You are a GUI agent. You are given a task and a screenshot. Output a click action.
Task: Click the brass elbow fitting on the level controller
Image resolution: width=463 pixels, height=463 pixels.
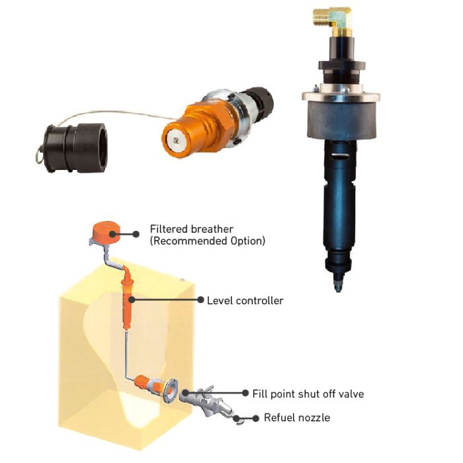click(x=333, y=19)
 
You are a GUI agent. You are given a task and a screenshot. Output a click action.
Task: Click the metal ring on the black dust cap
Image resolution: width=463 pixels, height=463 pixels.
click(x=39, y=154)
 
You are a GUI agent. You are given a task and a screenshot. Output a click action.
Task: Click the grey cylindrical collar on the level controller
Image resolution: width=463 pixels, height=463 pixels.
click(x=341, y=119)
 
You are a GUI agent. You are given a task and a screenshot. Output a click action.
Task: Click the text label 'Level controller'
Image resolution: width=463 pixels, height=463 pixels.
click(x=245, y=300)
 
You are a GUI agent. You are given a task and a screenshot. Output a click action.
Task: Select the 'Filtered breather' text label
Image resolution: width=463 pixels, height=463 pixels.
click(x=191, y=229)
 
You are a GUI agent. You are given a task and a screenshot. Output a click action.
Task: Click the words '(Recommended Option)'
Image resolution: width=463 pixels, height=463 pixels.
click(x=208, y=241)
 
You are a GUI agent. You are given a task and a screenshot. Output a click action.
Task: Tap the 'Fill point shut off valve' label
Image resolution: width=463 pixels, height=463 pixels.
click(x=308, y=394)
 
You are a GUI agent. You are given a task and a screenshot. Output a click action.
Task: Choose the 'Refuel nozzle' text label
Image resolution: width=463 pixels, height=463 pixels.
click(x=297, y=417)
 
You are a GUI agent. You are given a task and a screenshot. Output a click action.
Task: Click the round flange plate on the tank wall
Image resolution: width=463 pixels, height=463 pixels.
click(x=171, y=391)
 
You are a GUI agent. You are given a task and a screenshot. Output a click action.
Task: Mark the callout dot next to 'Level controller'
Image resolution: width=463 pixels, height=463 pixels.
click(x=200, y=300)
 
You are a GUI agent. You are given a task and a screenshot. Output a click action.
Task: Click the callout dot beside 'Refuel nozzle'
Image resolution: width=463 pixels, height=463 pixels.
click(x=256, y=418)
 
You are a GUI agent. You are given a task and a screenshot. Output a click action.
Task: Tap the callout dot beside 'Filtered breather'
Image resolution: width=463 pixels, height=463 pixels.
click(x=136, y=234)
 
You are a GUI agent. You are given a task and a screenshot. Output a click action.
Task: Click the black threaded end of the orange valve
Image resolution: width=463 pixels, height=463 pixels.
click(x=261, y=101)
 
